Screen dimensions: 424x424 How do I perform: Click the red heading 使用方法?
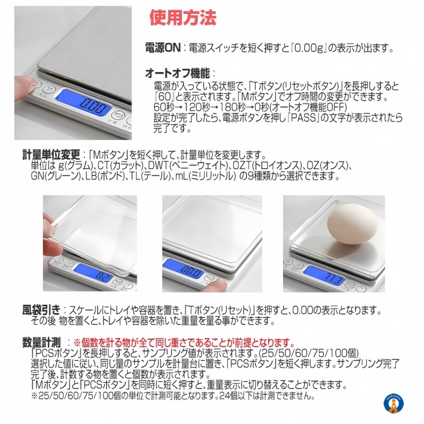[183, 18]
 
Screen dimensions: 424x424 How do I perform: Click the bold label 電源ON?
[163, 48]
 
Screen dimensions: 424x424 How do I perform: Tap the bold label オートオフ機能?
[178, 73]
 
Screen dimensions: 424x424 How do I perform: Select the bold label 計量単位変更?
[51, 155]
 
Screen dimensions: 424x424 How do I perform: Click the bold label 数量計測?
[41, 342]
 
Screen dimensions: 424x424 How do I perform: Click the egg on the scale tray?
[352, 224]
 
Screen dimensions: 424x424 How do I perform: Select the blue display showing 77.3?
[324, 275]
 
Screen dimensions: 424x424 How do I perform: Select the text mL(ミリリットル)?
[205, 176]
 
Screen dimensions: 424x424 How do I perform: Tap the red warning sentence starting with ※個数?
[184, 343]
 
